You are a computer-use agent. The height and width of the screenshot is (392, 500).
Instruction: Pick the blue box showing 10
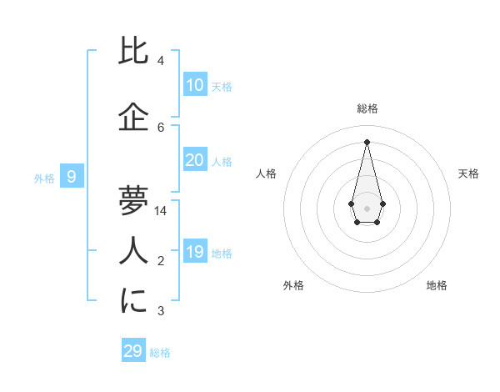pyautogui.click(x=195, y=85)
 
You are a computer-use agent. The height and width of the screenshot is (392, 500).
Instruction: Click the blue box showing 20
pyautogui.click(x=195, y=160)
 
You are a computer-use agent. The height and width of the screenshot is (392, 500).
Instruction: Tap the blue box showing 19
pyautogui.click(x=195, y=252)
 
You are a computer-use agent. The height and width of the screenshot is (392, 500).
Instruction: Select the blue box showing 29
pyautogui.click(x=133, y=351)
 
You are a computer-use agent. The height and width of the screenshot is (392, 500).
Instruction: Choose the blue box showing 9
pyautogui.click(x=72, y=177)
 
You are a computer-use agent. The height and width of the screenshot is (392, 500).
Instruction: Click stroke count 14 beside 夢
pyautogui.click(x=162, y=211)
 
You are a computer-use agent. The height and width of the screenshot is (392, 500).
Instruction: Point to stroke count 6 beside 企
pyautogui.click(x=161, y=128)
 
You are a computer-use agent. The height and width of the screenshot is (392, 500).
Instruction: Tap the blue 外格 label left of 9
pyautogui.click(x=44, y=178)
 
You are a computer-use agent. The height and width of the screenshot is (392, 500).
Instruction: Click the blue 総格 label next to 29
pyautogui.click(x=160, y=353)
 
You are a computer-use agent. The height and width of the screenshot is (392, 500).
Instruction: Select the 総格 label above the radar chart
pyautogui.click(x=367, y=108)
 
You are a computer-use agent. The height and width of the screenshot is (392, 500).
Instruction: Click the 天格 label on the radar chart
pyautogui.click(x=469, y=173)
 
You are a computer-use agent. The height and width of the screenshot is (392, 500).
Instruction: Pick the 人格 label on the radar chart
pyautogui.click(x=266, y=173)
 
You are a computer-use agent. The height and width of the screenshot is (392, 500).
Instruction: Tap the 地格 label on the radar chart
pyautogui.click(x=437, y=285)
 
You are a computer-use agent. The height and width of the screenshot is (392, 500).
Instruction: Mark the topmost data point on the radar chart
pyautogui.click(x=367, y=141)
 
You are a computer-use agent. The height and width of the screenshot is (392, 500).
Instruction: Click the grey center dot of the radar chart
pyautogui.click(x=367, y=208)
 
